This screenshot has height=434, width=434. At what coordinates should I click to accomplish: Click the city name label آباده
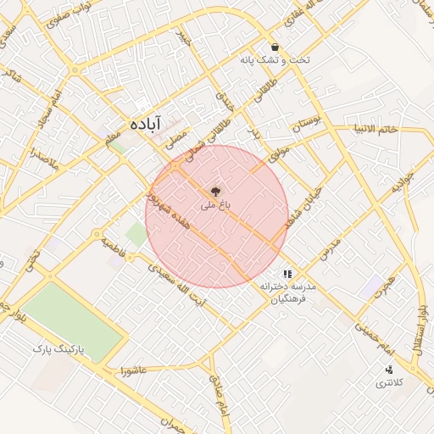click(145, 124)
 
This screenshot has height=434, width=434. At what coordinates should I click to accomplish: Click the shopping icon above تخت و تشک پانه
click(274, 47)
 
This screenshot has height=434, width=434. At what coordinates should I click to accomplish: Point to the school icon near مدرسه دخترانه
click(287, 274)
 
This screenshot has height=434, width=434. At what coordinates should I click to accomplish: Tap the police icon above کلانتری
click(389, 369)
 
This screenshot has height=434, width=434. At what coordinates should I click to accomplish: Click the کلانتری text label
click(391, 383)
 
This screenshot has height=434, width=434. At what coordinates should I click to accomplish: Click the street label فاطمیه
click(113, 248)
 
